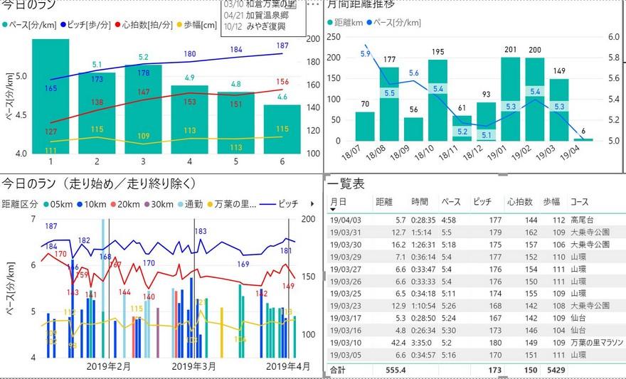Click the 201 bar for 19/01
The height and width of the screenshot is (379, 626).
click(x=511, y=100)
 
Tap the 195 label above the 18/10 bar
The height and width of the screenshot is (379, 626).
click(x=438, y=52)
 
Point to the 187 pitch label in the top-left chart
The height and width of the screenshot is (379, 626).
click(x=282, y=46)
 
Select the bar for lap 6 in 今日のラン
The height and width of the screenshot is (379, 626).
click(x=282, y=128)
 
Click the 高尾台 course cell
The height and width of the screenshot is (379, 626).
click(x=583, y=220)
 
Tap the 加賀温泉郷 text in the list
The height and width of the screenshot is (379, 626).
click(x=266, y=15)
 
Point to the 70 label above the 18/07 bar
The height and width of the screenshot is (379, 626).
click(x=366, y=105)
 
